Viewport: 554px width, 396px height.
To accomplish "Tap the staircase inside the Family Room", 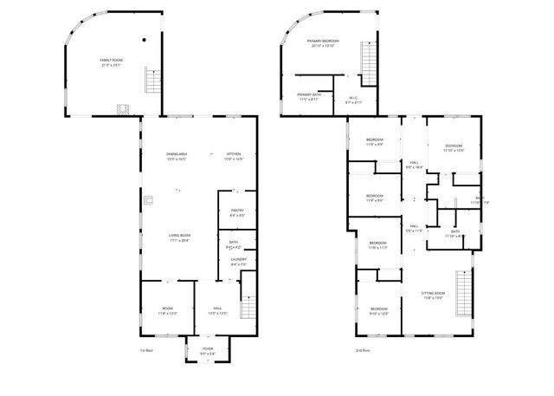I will pyautogui.click(x=153, y=81).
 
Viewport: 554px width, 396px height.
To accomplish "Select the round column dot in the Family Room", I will pyautogui.click(x=144, y=40).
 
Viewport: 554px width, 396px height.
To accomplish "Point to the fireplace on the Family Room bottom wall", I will pyautogui.click(x=123, y=109).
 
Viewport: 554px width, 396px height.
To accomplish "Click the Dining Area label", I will pyautogui.click(x=177, y=157).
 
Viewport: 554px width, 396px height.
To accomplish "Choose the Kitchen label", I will pyautogui.click(x=234, y=157).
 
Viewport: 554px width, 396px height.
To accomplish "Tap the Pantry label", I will pyautogui.click(x=236, y=211).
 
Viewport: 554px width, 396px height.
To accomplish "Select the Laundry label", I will pyautogui.click(x=238, y=262).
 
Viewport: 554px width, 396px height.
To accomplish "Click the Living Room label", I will pyautogui.click(x=178, y=237).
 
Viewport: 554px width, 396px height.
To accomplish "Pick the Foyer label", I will pyautogui.click(x=208, y=350).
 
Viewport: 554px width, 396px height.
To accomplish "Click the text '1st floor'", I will pyautogui.click(x=145, y=350).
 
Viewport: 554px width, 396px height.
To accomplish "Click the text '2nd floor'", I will pyautogui.click(x=362, y=350).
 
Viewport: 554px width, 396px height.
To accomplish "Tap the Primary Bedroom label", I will pyautogui.click(x=322, y=43).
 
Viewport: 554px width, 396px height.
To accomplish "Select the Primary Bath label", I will pyautogui.click(x=309, y=97).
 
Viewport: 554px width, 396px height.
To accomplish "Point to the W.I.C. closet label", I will pyautogui.click(x=353, y=100).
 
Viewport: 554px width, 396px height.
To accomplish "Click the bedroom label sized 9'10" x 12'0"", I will pyautogui.click(x=379, y=311).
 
